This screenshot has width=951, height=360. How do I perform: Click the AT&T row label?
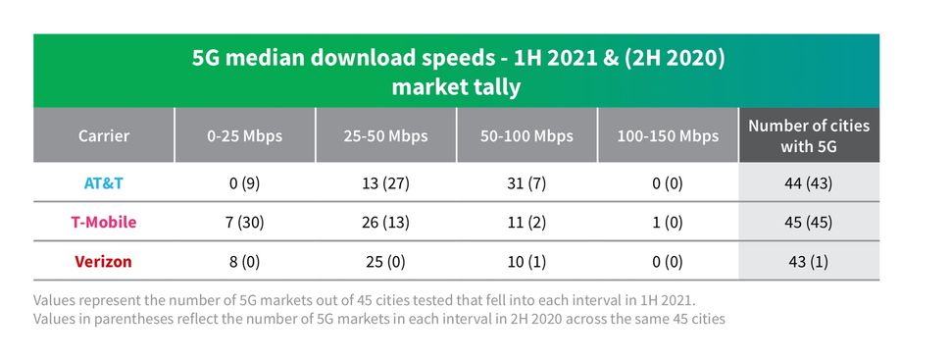pos(104,182)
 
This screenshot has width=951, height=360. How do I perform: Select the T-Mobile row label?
pos(104,222)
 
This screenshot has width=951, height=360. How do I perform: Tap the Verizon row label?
pos(104,262)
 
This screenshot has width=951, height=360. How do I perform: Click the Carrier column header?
pos(104,135)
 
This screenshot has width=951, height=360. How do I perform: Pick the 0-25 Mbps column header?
pos(244,135)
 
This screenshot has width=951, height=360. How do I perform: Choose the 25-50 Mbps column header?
pos(385,135)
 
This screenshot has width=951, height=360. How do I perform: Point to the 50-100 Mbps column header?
pos(526,135)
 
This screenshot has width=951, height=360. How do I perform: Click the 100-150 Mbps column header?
pos(668,135)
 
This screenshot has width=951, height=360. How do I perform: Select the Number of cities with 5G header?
pos(809,135)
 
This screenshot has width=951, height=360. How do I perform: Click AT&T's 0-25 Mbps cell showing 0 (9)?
pos(244,182)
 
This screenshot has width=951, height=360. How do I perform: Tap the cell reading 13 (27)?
pos(385,182)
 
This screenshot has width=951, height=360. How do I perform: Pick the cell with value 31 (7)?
pos(526,182)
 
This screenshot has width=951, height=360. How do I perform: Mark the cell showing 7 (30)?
pos(244,222)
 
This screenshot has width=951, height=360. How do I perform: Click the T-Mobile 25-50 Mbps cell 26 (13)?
pos(385,222)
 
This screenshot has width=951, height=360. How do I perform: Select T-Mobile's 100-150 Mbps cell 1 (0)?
pos(668,222)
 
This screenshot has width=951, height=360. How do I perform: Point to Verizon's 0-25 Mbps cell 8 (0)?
pos(244,262)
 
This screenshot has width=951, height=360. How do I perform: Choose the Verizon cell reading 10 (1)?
pos(526,262)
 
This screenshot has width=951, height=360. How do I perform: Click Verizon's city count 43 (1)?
pos(809,262)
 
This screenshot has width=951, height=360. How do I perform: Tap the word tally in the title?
pos(498,86)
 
